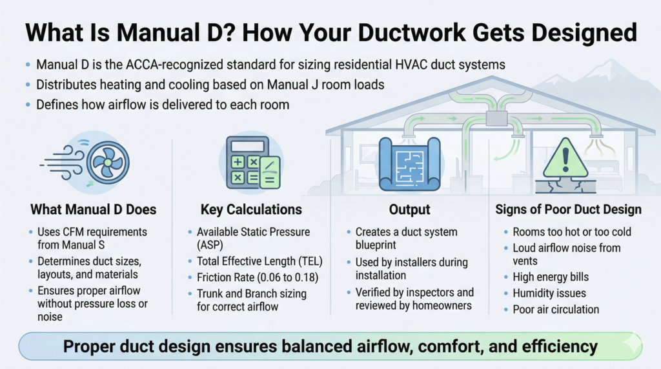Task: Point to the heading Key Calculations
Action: coord(251,209)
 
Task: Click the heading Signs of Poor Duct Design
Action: coord(568,209)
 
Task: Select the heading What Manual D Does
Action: coord(94,209)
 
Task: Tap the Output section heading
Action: coord(409,209)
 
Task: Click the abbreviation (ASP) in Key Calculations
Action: coord(214,246)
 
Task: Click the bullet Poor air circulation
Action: coord(556,309)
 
